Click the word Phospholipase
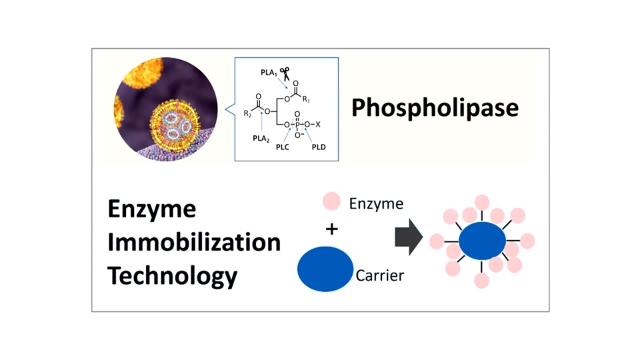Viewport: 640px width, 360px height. (435, 107)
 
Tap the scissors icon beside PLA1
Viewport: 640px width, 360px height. (285, 73)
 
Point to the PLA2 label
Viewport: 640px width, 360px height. (261, 139)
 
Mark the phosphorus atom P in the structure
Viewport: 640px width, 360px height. (297, 124)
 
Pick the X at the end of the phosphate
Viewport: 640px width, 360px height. (318, 124)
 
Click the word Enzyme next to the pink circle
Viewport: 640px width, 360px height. (377, 203)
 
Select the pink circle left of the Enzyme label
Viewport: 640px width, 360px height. (331, 201)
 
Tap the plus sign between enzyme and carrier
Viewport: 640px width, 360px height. (331, 229)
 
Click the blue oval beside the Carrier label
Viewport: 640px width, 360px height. (325, 268)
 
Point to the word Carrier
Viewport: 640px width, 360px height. (380, 275)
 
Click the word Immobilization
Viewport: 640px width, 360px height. (194, 242)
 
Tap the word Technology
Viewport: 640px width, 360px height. (173, 275)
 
